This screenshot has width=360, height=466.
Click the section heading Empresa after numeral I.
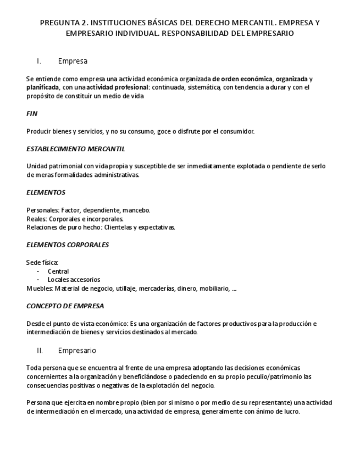[73, 61]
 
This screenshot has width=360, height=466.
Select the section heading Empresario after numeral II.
[77, 350]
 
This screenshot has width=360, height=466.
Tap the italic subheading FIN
[32, 114]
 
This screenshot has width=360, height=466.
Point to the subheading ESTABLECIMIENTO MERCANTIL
[75, 148]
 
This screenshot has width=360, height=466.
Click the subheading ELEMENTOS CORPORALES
[67, 245]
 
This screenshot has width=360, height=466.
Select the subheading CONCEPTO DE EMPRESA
[65, 306]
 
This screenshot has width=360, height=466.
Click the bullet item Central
[58, 271]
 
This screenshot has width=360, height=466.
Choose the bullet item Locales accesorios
[74, 279]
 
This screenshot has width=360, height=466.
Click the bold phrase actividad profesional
[117, 87]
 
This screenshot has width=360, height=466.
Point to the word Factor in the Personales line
[70, 210]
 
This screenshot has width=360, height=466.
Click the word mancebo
[136, 210]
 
